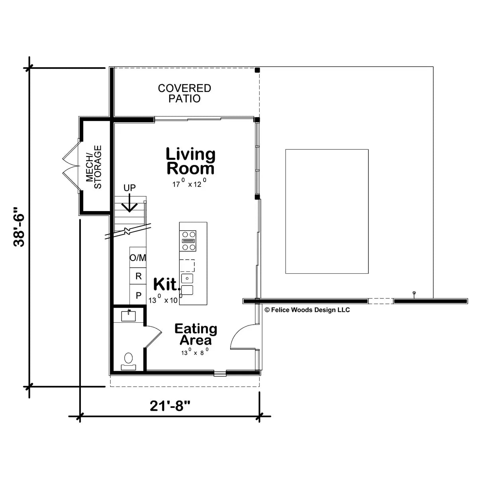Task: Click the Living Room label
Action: tap(190, 161)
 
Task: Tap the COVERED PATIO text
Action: tap(184, 93)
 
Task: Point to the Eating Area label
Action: tap(196, 334)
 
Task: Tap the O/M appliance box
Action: tap(138, 258)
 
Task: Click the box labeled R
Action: tap(138, 276)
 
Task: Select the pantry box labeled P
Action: tap(138, 296)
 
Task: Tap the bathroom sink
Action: tap(128, 315)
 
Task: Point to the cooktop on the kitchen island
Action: tap(189, 241)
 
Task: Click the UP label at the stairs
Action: tap(129, 188)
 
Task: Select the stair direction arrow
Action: tap(129, 203)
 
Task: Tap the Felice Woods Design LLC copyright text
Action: tap(307, 310)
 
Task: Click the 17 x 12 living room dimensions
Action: tap(189, 184)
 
